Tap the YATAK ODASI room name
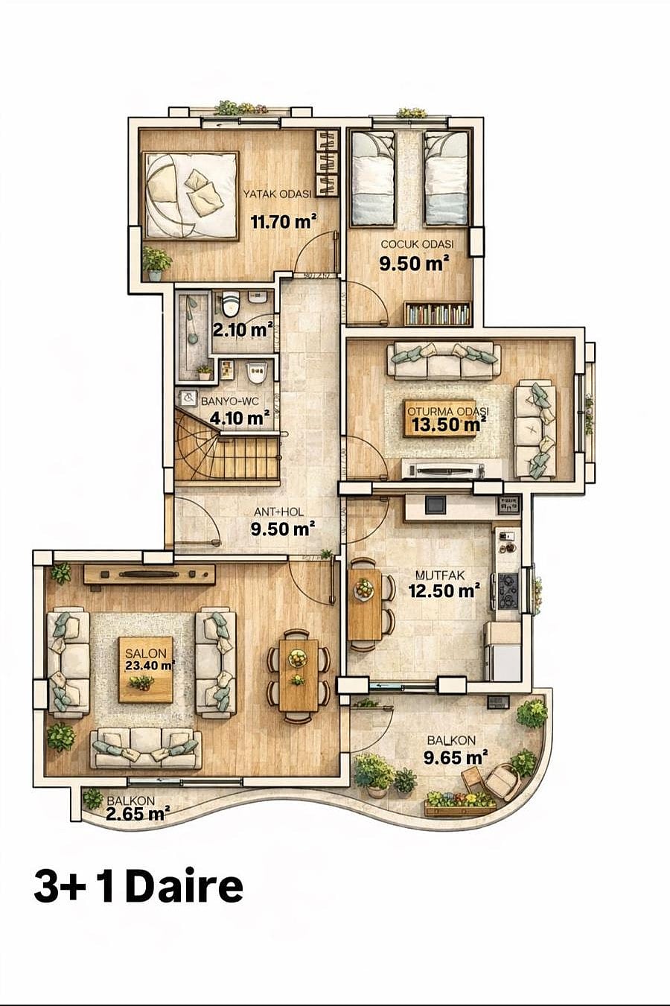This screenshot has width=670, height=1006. pyautogui.click(x=277, y=194)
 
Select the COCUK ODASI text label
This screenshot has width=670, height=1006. pyautogui.click(x=417, y=244)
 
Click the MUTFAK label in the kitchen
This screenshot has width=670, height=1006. pyautogui.click(x=440, y=575)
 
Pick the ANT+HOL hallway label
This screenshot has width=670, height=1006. pyautogui.click(x=278, y=512)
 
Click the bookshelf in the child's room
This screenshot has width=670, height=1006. pyautogui.click(x=438, y=313)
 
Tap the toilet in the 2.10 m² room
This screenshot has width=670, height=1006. pyautogui.click(x=231, y=303)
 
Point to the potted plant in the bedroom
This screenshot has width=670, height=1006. pyautogui.click(x=156, y=264)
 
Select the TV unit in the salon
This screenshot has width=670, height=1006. pyautogui.click(x=149, y=574)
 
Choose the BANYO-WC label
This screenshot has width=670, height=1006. pyautogui.click(x=230, y=401)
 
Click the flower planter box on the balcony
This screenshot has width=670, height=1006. pyautogui.click(x=460, y=803)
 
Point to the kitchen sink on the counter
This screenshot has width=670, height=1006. pyautogui.click(x=435, y=505)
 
